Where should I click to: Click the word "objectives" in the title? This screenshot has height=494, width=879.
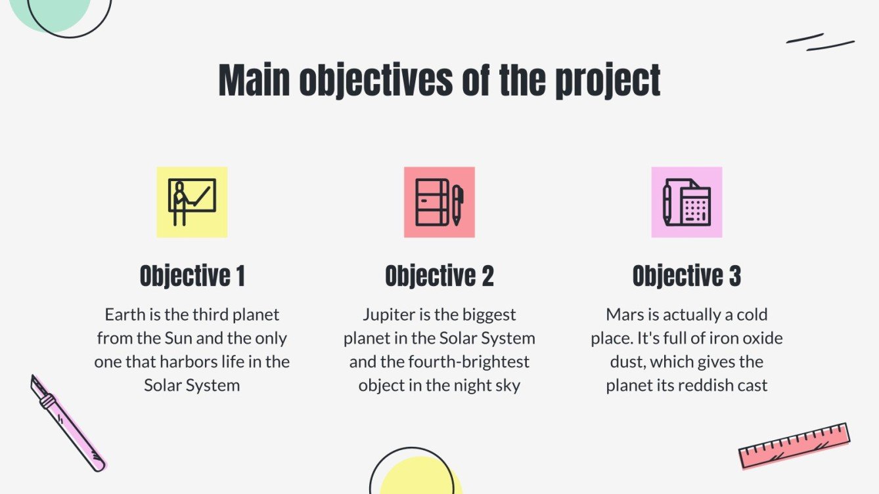pyautogui.click(x=375, y=81)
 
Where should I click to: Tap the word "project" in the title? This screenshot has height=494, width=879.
pyautogui.click(x=608, y=82)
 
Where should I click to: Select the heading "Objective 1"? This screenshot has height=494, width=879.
pyautogui.click(x=192, y=276)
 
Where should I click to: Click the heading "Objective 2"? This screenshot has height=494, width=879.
pyautogui.click(x=439, y=276)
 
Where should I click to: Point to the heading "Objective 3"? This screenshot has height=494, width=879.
pyautogui.click(x=687, y=276)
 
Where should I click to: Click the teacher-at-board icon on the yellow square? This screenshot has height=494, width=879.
pyautogui.click(x=192, y=202)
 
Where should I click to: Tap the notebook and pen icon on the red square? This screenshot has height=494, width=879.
pyautogui.click(x=439, y=202)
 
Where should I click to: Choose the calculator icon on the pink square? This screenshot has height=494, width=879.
pyautogui.click(x=687, y=202)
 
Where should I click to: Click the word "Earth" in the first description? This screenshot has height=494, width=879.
pyautogui.click(x=124, y=315)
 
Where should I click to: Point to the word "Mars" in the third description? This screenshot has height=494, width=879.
pyautogui.click(x=625, y=315)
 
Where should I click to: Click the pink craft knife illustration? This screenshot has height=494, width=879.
pyautogui.click(x=68, y=423)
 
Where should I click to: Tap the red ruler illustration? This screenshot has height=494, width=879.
pyautogui.click(x=794, y=445)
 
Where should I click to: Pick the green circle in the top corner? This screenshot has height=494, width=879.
pyautogui.click(x=49, y=13)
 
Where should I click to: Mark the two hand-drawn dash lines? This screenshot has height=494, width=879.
pyautogui.click(x=820, y=42)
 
